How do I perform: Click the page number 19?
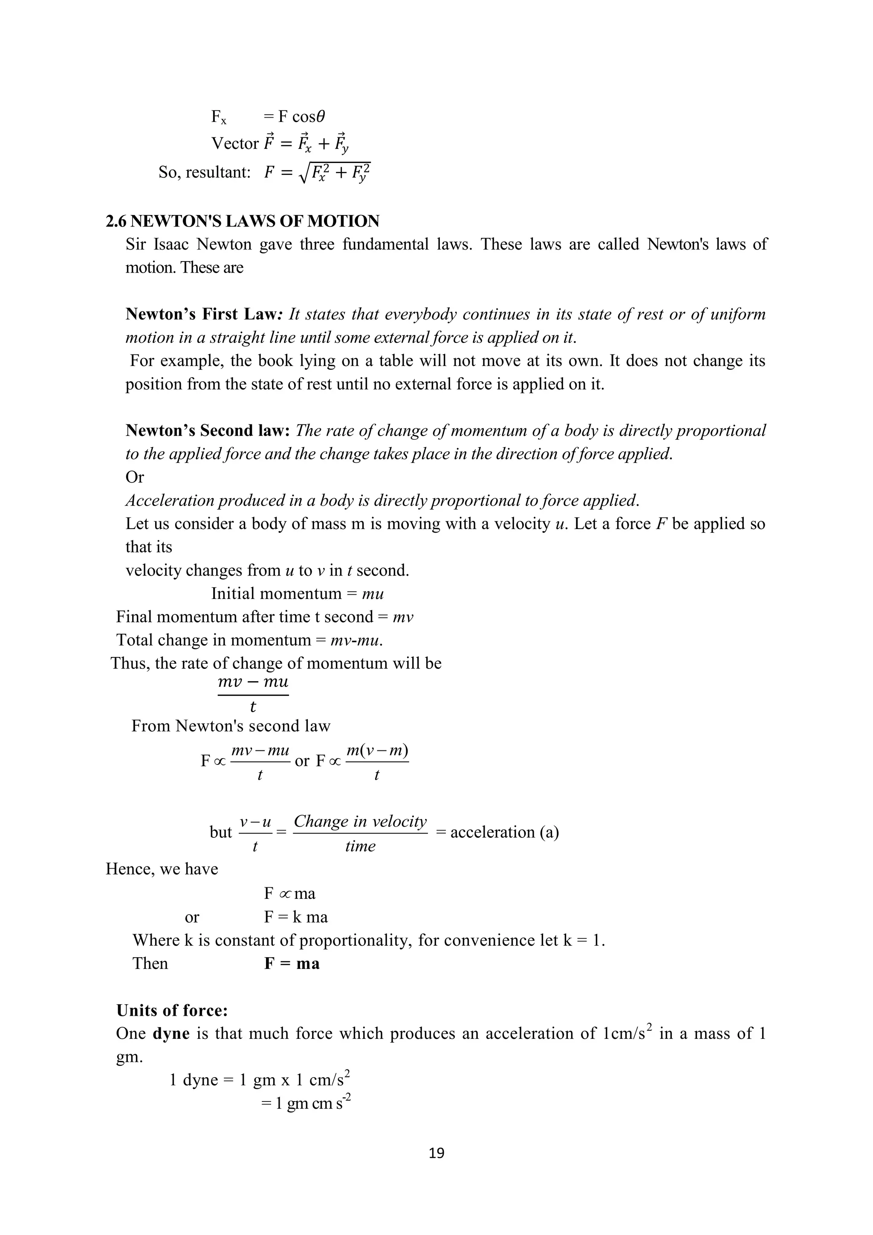click(436, 1153)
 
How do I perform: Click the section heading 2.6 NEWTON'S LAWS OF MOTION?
click(243, 221)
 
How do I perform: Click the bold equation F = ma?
click(292, 963)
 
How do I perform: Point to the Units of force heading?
click(172, 1010)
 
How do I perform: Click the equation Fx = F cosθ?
click(268, 116)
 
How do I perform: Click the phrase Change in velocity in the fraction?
click(360, 821)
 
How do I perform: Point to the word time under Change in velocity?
click(360, 846)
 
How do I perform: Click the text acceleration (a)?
click(504, 832)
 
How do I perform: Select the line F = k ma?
click(296, 917)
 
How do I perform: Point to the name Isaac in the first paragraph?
click(171, 244)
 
